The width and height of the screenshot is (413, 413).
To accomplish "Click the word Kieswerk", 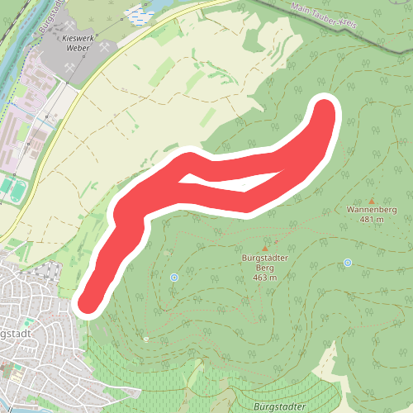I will (x=69, y=38).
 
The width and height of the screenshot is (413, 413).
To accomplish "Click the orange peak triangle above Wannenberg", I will (x=372, y=201).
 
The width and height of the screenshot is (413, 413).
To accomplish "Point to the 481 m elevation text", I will (x=372, y=219).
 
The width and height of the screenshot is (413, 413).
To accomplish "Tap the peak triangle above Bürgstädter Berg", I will (x=265, y=248).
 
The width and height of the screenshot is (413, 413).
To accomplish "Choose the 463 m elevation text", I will (x=264, y=278).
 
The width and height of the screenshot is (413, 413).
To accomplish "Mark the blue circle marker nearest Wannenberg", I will (x=348, y=263).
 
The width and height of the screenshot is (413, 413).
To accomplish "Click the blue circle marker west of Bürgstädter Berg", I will (x=174, y=278).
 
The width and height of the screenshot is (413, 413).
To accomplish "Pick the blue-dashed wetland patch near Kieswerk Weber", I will (x=137, y=14).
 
